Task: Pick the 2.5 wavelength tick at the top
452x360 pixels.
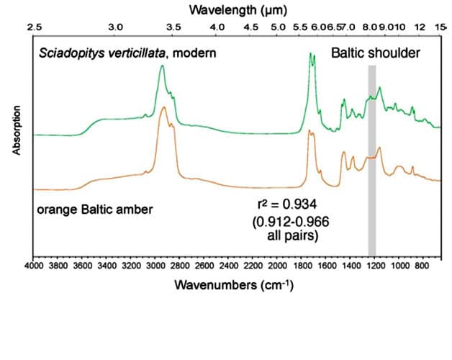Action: tap(34, 27)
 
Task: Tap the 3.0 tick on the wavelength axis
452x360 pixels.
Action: tap(115, 27)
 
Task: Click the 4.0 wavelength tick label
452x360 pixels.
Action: tap(217, 27)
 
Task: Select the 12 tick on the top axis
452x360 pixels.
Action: tap(421, 27)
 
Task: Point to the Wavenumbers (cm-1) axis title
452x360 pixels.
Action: tap(234, 284)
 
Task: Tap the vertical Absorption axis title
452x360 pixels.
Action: tap(15, 130)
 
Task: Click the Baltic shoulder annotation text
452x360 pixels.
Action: tap(376, 53)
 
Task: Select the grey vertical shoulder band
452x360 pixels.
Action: tap(372, 158)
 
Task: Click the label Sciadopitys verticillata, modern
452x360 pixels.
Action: tap(127, 53)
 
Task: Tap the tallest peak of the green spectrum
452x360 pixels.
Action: tap(311, 54)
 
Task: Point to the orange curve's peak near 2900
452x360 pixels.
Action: tap(164, 108)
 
